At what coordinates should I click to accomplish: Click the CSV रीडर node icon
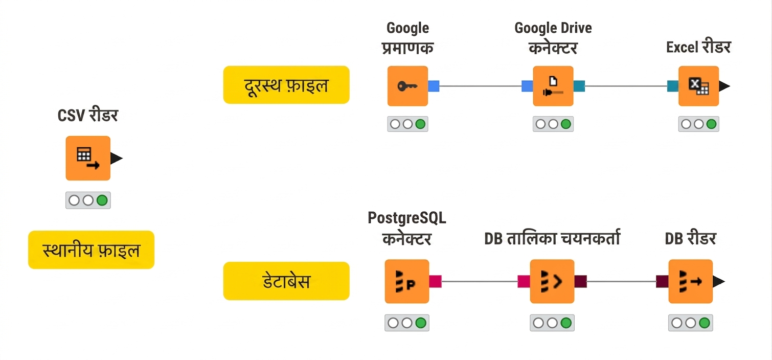pyautogui.click(x=88, y=158)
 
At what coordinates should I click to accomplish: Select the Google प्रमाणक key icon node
pyautogui.click(x=407, y=86)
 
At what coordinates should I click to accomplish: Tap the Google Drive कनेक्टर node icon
pyautogui.click(x=553, y=86)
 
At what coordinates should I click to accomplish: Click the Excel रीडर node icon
pyautogui.click(x=698, y=86)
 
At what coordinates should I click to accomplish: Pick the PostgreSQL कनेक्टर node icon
pyautogui.click(x=406, y=281)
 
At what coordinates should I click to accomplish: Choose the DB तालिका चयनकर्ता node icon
pyautogui.click(x=552, y=281)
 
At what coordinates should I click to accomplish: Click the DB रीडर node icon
pyautogui.click(x=690, y=281)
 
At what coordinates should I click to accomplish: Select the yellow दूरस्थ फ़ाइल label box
pyautogui.click(x=286, y=85)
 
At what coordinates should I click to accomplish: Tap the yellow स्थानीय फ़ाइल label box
pyautogui.click(x=91, y=250)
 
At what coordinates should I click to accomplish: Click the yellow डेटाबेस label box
pyautogui.click(x=286, y=281)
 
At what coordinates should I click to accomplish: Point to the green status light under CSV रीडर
pyautogui.click(x=102, y=200)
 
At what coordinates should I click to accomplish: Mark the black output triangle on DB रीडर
pyautogui.click(x=718, y=281)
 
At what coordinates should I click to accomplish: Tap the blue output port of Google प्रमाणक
pyautogui.click(x=434, y=86)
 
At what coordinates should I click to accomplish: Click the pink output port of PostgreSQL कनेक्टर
pyautogui.click(x=435, y=281)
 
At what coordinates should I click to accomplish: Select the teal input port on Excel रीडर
pyautogui.click(x=673, y=86)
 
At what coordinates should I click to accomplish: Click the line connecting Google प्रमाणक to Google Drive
pyautogui.click(x=481, y=86)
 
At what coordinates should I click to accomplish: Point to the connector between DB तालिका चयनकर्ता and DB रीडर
pyautogui.click(x=621, y=281)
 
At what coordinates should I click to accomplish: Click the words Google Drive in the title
pyautogui.click(x=553, y=28)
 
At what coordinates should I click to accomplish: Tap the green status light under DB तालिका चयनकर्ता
pyautogui.click(x=566, y=323)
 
